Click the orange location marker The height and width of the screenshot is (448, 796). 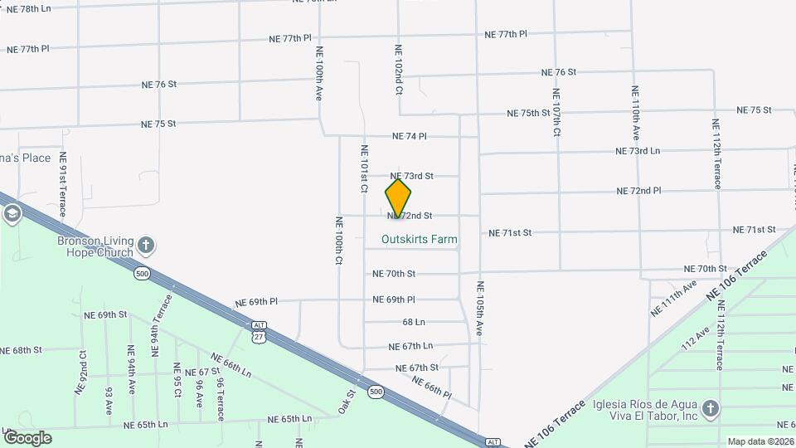point(398,198)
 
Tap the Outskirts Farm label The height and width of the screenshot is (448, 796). point(419,240)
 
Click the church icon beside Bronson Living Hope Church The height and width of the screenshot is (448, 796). point(146,245)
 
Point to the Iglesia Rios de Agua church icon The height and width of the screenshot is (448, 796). point(710,408)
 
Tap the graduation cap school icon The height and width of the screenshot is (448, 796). point(12,215)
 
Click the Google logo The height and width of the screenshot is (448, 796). point(27,437)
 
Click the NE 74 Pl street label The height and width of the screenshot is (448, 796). point(409,136)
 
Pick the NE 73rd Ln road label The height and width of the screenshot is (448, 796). point(638,151)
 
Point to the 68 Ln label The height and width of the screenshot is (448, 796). point(414,322)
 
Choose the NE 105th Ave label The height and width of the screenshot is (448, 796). point(479,309)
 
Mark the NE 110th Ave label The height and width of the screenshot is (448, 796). point(636,112)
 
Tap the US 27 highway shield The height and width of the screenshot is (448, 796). point(260,336)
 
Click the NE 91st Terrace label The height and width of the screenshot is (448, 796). point(62,189)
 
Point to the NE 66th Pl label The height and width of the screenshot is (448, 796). point(430,387)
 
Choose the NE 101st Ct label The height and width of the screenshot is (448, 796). point(363,170)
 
